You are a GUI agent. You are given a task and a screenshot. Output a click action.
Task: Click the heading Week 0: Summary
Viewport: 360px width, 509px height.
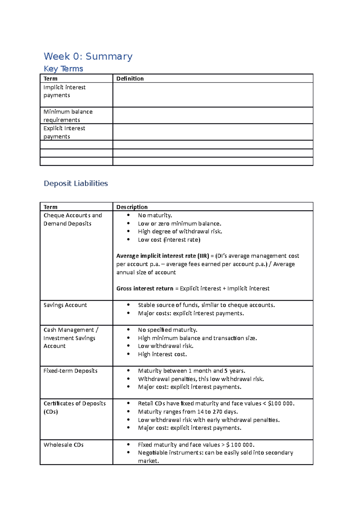click(88, 56)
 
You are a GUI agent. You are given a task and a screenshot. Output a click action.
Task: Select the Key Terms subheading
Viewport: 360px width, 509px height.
click(63, 69)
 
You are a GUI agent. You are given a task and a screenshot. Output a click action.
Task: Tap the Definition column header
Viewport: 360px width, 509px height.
click(130, 79)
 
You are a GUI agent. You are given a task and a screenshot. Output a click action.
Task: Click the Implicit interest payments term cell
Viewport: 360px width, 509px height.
click(64, 91)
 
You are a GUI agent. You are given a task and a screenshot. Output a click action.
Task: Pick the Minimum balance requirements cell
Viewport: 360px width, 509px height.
click(68, 116)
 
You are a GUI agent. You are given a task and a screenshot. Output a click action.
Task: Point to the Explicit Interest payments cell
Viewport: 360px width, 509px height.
click(64, 132)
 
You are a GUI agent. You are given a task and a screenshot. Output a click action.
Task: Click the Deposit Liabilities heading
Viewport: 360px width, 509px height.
click(76, 183)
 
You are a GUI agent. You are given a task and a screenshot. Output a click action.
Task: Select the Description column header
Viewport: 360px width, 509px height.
click(132, 207)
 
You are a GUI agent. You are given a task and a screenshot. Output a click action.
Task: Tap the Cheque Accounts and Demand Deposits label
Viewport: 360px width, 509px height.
click(73, 219)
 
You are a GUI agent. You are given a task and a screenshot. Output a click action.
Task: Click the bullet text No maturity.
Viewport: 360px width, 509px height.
click(155, 215)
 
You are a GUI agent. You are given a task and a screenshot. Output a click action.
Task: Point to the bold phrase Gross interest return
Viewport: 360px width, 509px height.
click(145, 288)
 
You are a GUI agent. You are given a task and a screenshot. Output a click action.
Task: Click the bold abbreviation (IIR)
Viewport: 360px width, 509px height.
click(203, 256)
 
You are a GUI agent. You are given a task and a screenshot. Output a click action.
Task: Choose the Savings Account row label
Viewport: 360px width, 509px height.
click(65, 305)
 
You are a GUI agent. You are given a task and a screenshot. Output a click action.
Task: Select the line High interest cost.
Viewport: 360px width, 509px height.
click(162, 354)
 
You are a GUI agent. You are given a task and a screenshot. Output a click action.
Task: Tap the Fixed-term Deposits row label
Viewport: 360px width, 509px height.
click(70, 371)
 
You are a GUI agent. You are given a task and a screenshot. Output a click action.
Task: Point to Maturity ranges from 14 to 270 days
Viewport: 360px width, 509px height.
click(188, 412)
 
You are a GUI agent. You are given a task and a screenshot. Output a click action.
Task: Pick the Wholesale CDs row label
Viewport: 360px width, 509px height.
click(64, 445)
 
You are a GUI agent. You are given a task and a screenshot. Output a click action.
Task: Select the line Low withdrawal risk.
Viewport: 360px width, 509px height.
click(166, 346)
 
